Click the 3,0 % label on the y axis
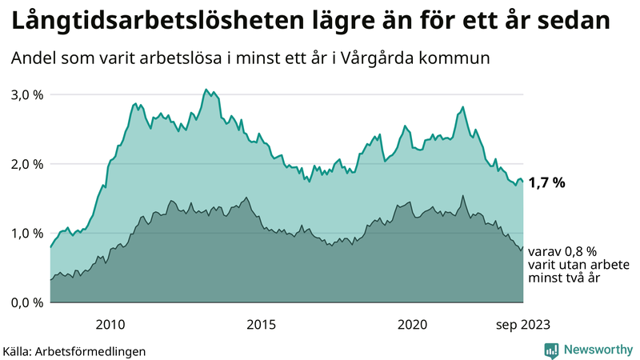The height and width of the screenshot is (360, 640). tap(26, 94)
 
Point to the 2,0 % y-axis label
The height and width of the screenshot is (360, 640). tap(26, 164)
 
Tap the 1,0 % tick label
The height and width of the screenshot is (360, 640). tap(26, 233)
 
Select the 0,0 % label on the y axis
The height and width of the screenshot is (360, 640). tap(26, 302)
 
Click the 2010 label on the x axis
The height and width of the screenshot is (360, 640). tap(110, 324)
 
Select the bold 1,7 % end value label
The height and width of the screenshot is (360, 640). tap(547, 183)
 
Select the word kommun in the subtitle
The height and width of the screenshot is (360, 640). tap(457, 58)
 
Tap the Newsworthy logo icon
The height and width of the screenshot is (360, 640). tap(551, 350)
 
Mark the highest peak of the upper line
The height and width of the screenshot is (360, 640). tap(206, 89)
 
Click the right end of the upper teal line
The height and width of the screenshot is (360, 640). tap(523, 182)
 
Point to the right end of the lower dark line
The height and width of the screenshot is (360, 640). tap(523, 247)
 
